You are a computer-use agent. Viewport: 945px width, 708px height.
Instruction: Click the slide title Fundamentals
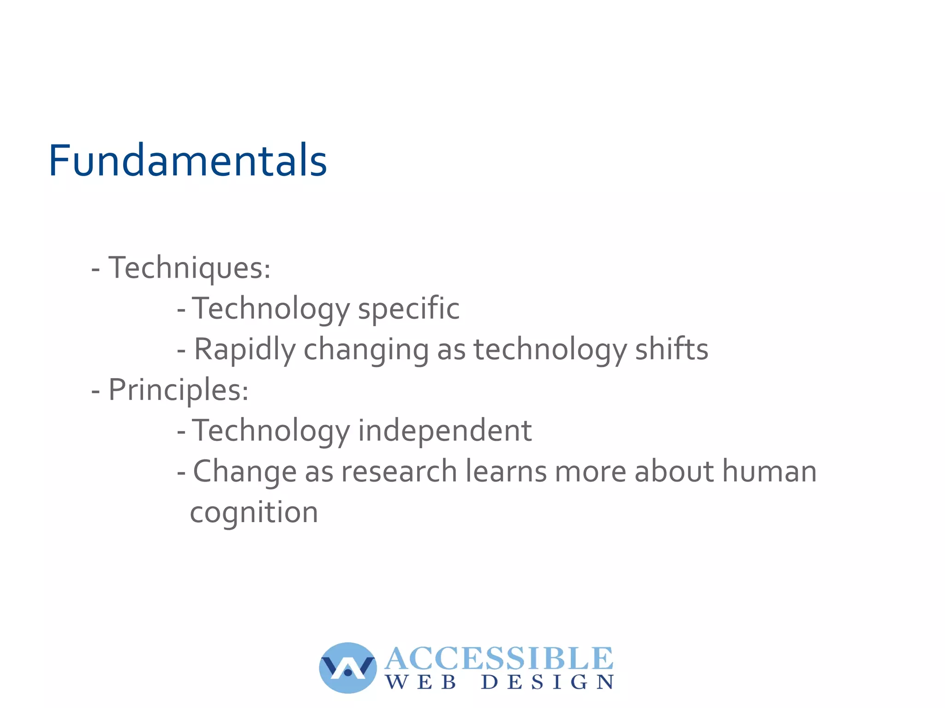click(188, 161)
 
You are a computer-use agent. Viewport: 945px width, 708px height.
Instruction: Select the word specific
click(409, 309)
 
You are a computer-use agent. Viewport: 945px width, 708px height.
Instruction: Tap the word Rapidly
click(244, 349)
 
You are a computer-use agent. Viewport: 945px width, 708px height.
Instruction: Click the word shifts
click(671, 349)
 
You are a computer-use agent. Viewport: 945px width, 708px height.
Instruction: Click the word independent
click(445, 431)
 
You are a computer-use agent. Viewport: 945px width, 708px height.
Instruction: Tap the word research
click(399, 471)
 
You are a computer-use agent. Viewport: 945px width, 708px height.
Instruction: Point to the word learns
click(506, 471)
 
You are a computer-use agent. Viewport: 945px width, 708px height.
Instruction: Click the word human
click(769, 471)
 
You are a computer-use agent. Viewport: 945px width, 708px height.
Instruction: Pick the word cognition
click(254, 512)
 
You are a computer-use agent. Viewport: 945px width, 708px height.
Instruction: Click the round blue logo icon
click(348, 667)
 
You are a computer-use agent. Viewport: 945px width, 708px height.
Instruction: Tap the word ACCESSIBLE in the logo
click(499, 658)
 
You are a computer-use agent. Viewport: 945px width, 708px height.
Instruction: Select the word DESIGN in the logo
click(547, 682)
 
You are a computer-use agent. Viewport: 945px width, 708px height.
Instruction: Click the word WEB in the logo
click(421, 682)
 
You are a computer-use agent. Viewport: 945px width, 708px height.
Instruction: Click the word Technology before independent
click(271, 431)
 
